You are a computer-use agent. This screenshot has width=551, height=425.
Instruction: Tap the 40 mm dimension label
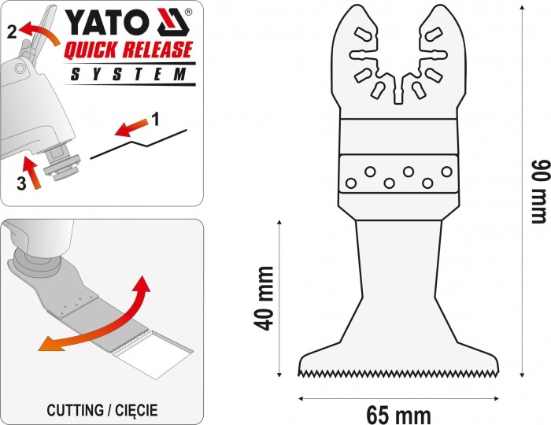[x=264, y=299]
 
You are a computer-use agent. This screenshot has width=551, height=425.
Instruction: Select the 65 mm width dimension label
[x=398, y=416]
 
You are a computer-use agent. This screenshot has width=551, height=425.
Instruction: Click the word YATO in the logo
[x=105, y=22]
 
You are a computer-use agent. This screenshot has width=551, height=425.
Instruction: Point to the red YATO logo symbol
[x=174, y=22]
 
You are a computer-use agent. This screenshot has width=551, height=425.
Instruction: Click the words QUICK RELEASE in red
[x=128, y=49]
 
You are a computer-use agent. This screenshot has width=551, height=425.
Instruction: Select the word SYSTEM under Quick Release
[x=128, y=74]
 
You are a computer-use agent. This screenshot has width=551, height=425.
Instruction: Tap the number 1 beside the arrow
[x=156, y=119]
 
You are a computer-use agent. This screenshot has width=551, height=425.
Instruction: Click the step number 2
[x=12, y=32]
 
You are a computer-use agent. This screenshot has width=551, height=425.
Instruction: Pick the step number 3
[x=21, y=183]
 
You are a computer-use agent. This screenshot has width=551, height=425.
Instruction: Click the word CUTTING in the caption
[x=75, y=410]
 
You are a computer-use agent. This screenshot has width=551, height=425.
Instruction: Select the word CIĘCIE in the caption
[x=136, y=411]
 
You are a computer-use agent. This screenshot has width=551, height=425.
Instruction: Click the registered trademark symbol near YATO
[x=188, y=12]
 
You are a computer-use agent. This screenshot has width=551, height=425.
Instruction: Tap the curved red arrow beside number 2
[x=39, y=31]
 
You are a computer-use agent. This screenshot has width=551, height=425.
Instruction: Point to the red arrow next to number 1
[x=131, y=128]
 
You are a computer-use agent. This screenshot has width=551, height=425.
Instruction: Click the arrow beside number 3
[x=31, y=173]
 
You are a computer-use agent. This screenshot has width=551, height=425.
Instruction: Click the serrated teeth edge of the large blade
[x=399, y=373]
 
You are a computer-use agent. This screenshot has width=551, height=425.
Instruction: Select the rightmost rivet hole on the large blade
[x=446, y=172]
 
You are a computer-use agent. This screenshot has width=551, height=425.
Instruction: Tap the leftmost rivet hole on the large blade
[x=351, y=183]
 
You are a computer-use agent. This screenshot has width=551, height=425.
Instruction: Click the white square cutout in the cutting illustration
[x=153, y=354]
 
